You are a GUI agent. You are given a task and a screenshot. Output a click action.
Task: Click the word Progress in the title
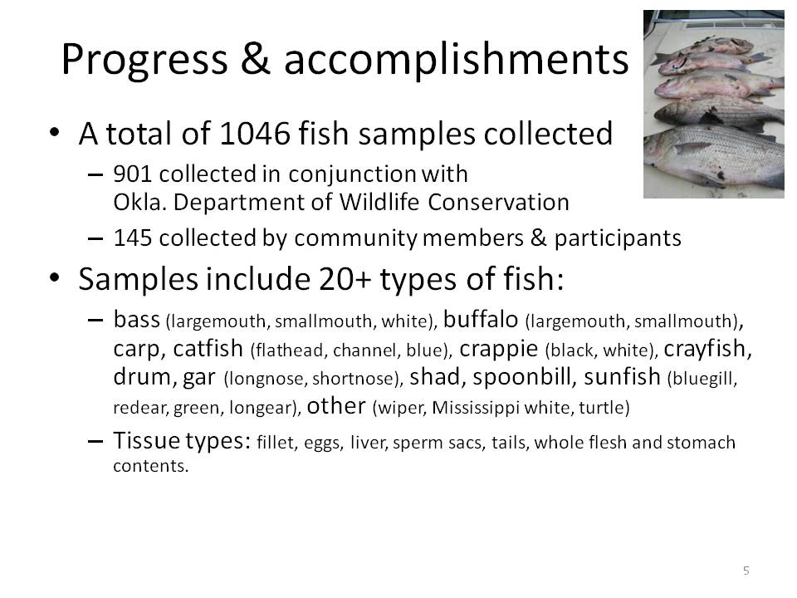(x=144, y=61)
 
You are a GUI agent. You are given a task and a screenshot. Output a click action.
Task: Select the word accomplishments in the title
(x=456, y=59)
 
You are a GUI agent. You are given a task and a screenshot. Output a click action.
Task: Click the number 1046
(x=255, y=134)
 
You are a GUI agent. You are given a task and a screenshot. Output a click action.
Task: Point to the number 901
(x=132, y=174)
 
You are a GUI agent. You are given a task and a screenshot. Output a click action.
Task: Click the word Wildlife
(x=379, y=203)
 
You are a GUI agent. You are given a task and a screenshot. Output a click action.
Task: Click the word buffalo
(x=481, y=320)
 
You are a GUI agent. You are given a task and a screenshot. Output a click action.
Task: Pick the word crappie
(x=499, y=350)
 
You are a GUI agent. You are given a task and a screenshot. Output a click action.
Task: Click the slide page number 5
(x=746, y=571)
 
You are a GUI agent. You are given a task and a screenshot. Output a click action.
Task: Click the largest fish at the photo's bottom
(x=716, y=155)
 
